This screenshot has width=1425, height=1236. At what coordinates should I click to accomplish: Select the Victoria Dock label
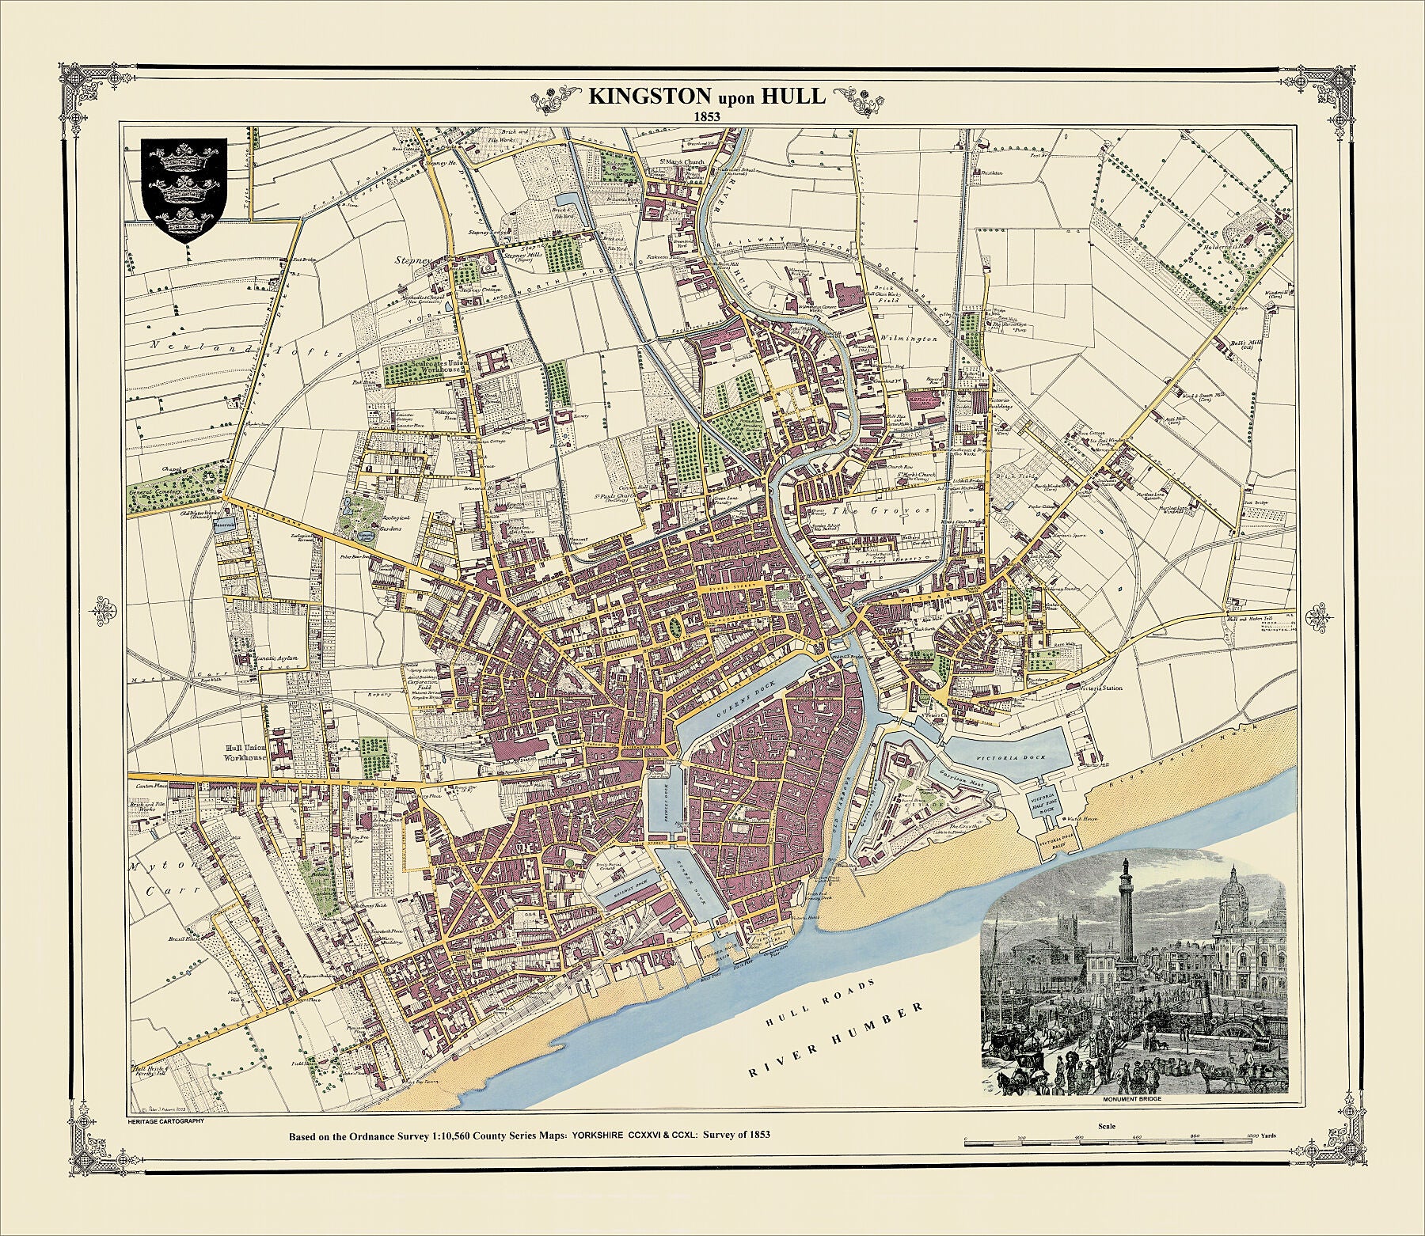(1021, 757)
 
